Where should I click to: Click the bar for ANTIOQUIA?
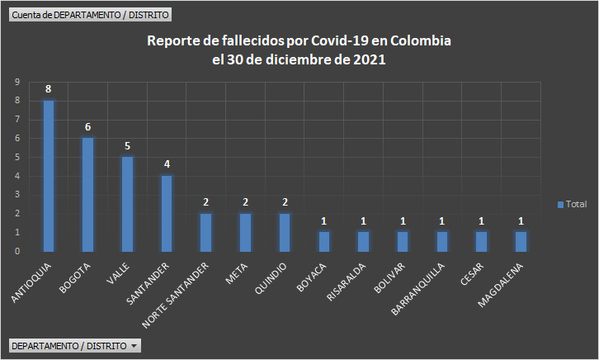tap(49, 176)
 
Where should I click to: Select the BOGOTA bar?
tap(87, 195)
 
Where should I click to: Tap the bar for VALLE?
tap(127, 204)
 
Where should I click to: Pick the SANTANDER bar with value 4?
tap(167, 214)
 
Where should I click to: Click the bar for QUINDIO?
tap(285, 232)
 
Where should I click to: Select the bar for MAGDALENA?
tap(521, 241)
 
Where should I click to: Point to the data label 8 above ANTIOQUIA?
tap(49, 89)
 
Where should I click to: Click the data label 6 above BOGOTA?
tap(87, 126)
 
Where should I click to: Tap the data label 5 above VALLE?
tap(127, 145)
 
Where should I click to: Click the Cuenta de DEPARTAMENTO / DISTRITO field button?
tap(90, 14)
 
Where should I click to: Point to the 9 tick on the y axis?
tap(17, 82)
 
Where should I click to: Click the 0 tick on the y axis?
tap(17, 251)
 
